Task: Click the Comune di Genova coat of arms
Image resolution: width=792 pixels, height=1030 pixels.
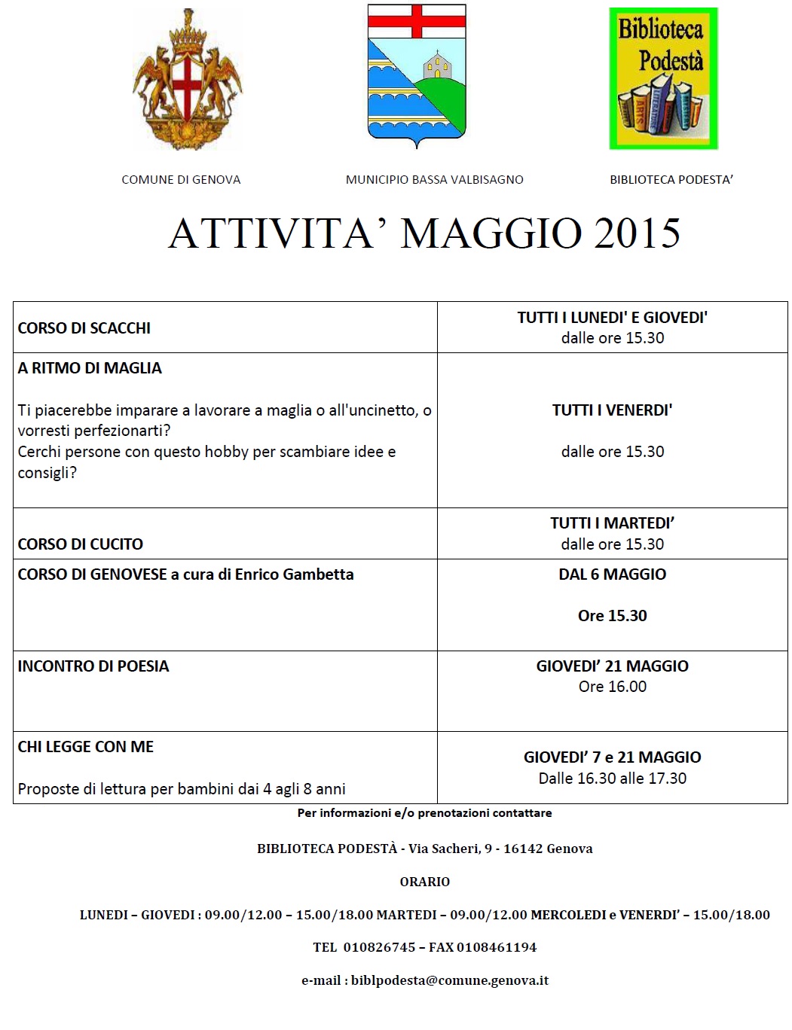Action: [188, 80]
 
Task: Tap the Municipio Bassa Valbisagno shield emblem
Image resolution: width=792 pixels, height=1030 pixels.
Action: [417, 75]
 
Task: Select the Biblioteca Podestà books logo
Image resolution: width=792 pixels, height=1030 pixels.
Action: [663, 78]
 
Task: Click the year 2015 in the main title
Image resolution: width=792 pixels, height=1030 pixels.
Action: [637, 233]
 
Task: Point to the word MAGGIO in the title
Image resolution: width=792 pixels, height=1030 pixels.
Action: [491, 233]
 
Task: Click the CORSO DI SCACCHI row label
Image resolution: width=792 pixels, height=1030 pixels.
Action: [84, 328]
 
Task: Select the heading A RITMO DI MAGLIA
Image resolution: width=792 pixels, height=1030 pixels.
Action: [90, 368]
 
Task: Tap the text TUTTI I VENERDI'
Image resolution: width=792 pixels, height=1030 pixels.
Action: [612, 410]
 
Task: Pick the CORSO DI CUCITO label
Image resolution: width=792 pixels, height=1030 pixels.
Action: [81, 544]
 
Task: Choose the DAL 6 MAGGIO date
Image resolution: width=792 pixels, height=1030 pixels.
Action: [612, 574]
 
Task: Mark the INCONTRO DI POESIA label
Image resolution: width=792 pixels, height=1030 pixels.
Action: [93, 666]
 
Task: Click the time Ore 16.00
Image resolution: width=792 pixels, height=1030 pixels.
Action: [612, 687]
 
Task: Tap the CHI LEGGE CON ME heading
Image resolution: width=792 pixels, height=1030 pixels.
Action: [86, 747]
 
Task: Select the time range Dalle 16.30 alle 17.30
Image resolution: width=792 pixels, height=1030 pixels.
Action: [612, 779]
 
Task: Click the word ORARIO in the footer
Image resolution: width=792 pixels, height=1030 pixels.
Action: [425, 882]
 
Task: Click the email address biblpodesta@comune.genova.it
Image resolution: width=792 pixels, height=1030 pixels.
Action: [450, 980]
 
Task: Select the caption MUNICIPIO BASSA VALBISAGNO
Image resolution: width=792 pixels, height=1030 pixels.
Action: [434, 180]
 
